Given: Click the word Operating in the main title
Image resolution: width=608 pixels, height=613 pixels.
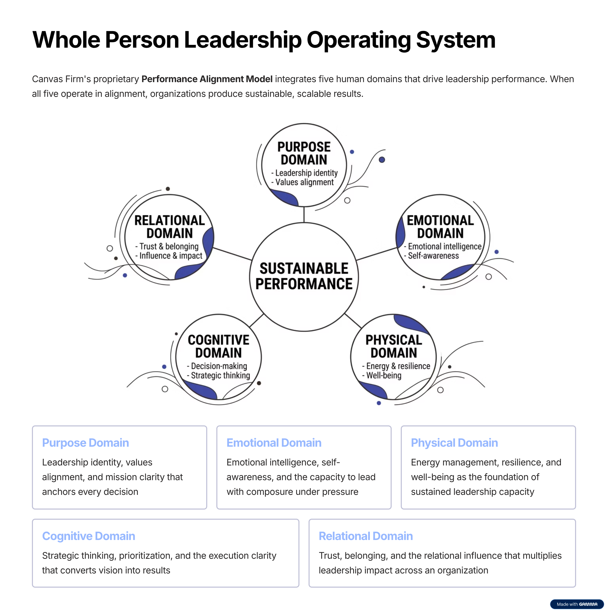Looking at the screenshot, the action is coord(358,40).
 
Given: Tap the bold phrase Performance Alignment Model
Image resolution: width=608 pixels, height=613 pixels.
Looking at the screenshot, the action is coord(207,79).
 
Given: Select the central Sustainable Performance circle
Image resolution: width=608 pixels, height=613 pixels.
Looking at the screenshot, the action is coord(304,277).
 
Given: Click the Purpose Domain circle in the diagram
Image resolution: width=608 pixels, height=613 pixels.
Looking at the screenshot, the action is coord(304,165).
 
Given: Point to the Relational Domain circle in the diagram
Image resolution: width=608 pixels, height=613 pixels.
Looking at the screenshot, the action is coord(169,237).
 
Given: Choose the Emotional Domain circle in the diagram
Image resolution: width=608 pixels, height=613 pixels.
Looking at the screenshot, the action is coord(440,237).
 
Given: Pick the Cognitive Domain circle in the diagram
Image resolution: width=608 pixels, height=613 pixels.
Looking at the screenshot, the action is coord(218,357).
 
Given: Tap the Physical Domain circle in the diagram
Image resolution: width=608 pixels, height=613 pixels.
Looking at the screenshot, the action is coord(393,357).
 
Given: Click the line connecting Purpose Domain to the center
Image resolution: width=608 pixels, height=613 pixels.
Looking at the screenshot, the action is coord(304,215).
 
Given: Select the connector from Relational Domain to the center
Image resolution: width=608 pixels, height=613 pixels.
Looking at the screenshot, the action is coord(232,254).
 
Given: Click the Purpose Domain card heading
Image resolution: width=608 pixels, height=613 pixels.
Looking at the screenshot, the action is coord(86,443).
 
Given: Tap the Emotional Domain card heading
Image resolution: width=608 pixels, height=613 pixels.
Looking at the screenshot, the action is coord(274,443).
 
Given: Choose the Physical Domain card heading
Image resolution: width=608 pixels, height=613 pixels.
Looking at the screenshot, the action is coord(454,443).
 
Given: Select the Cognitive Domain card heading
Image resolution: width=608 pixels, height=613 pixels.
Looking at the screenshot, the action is coord(89,536).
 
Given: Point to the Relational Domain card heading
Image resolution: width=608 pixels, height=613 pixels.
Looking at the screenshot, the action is coord(366,536).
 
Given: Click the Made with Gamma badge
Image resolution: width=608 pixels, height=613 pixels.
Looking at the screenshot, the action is coord(577,604).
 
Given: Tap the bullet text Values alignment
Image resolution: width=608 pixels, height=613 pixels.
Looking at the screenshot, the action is coord(304,183).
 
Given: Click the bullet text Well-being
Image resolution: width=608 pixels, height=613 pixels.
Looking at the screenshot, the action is coord(384,376).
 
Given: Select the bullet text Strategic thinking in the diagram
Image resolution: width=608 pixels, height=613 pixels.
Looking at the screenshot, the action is coord(220,376).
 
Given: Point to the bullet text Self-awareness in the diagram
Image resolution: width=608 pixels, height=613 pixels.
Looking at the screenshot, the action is coord(433,256).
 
